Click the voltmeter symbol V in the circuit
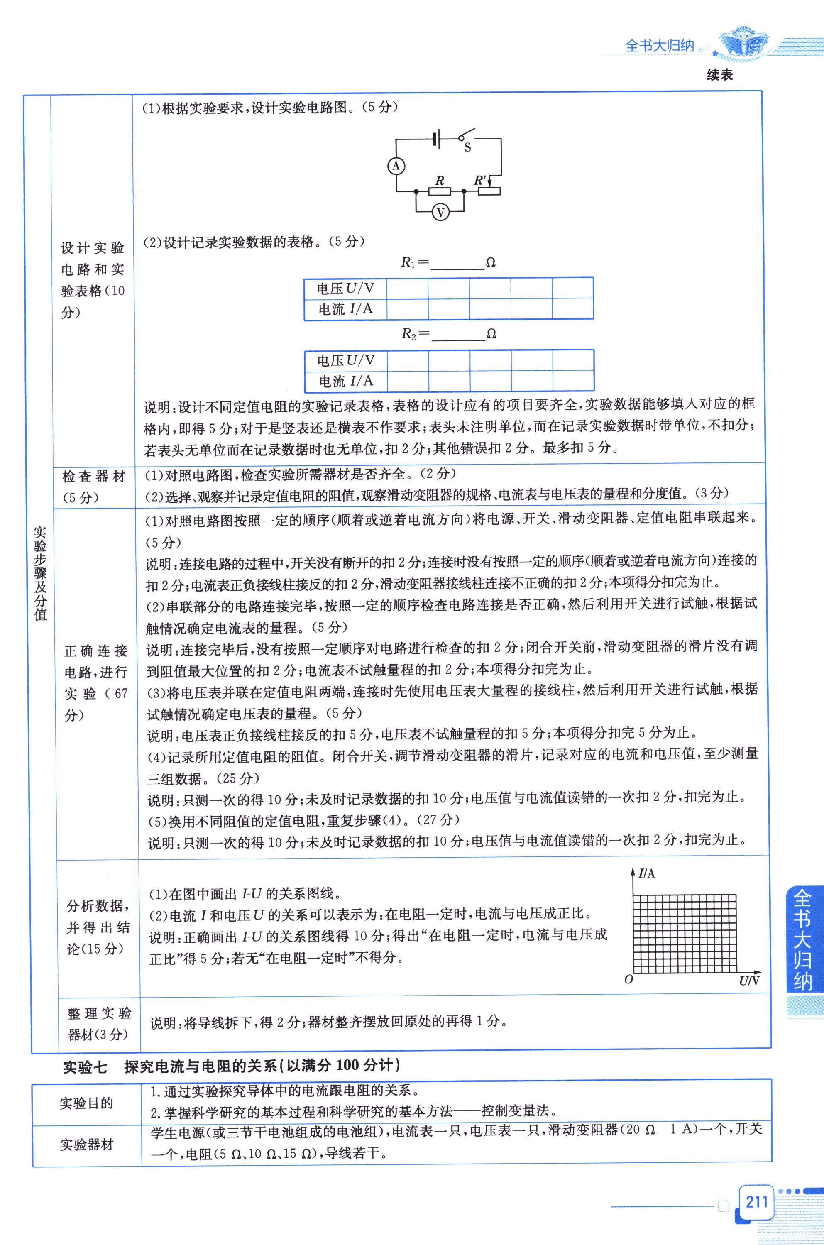(x=440, y=212)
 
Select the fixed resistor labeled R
(x=440, y=192)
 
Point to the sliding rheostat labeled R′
(x=489, y=192)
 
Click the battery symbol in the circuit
(x=435, y=139)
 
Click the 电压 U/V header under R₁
(x=345, y=288)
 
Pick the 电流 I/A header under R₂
(x=346, y=381)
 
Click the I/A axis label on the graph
(x=647, y=873)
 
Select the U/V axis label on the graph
(x=749, y=981)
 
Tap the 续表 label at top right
(x=719, y=75)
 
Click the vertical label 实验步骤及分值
(x=40, y=573)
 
